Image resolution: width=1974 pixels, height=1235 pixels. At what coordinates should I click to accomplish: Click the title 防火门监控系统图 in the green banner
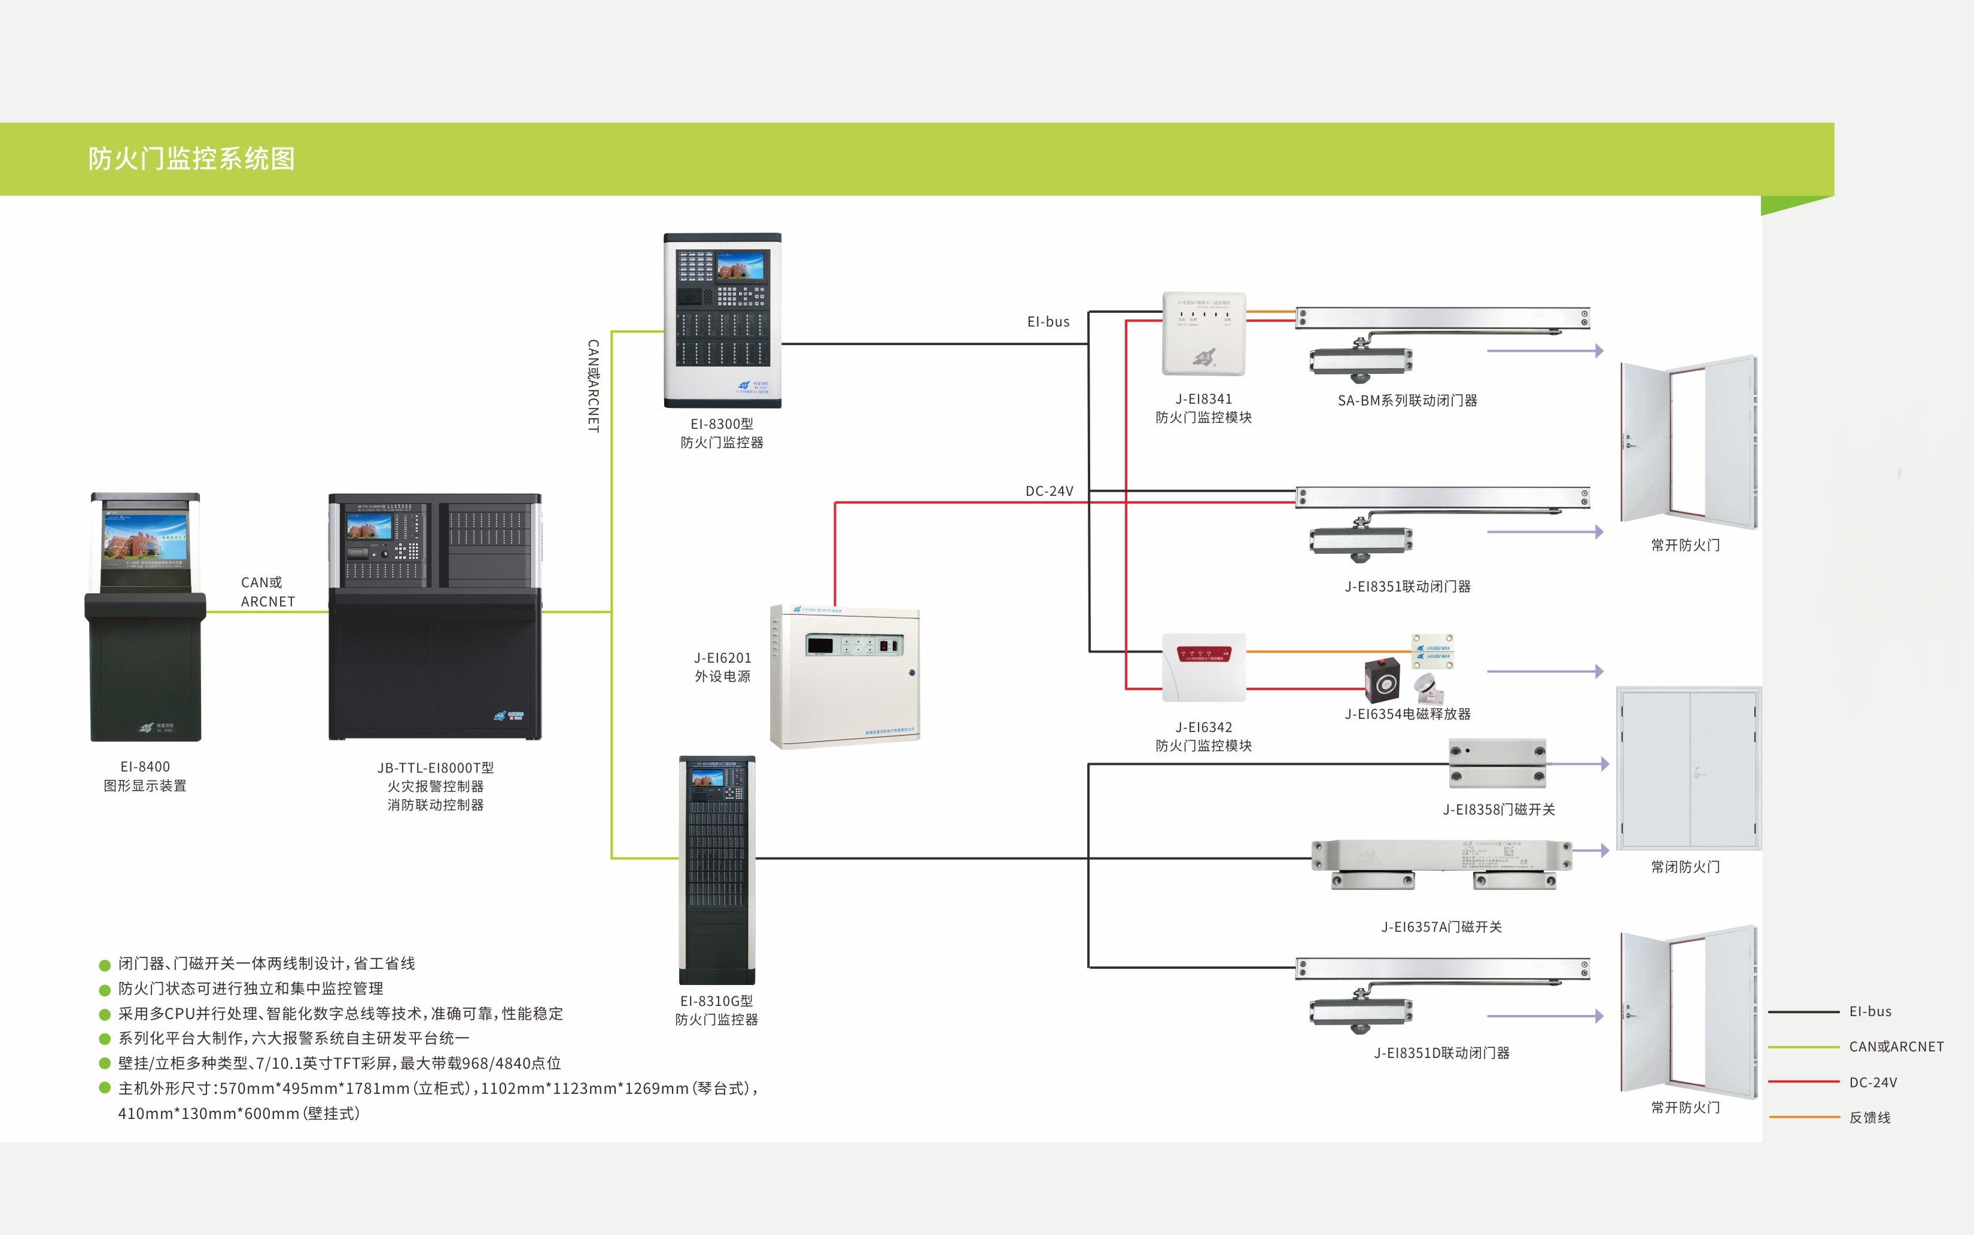[x=191, y=158]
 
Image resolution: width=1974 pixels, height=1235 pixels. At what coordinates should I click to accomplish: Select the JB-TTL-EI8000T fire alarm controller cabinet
[x=434, y=617]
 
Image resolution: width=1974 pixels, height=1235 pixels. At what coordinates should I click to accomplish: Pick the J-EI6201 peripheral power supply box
[x=845, y=676]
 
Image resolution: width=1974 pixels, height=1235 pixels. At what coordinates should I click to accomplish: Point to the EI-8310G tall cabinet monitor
[x=717, y=870]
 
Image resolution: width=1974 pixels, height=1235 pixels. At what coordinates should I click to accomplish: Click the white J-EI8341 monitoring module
[x=1203, y=333]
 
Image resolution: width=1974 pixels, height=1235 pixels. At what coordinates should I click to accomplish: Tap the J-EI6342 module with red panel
[x=1203, y=666]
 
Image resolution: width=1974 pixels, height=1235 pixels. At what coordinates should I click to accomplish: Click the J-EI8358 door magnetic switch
[x=1497, y=763]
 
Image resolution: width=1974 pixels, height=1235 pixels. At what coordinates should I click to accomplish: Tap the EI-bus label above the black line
[x=1048, y=322]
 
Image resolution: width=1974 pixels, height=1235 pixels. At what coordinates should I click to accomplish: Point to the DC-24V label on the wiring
[x=1049, y=491]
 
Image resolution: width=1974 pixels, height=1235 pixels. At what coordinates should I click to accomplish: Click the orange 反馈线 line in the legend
[x=1803, y=1117]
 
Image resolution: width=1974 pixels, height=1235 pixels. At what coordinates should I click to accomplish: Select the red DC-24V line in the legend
[x=1803, y=1081]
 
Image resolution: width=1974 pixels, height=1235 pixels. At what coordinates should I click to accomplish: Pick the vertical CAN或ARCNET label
[x=593, y=386]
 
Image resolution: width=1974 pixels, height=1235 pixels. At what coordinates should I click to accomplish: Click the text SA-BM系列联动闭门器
[x=1407, y=400]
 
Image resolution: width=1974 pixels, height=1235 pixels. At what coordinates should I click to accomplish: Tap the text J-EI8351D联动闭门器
[x=1441, y=1053]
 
